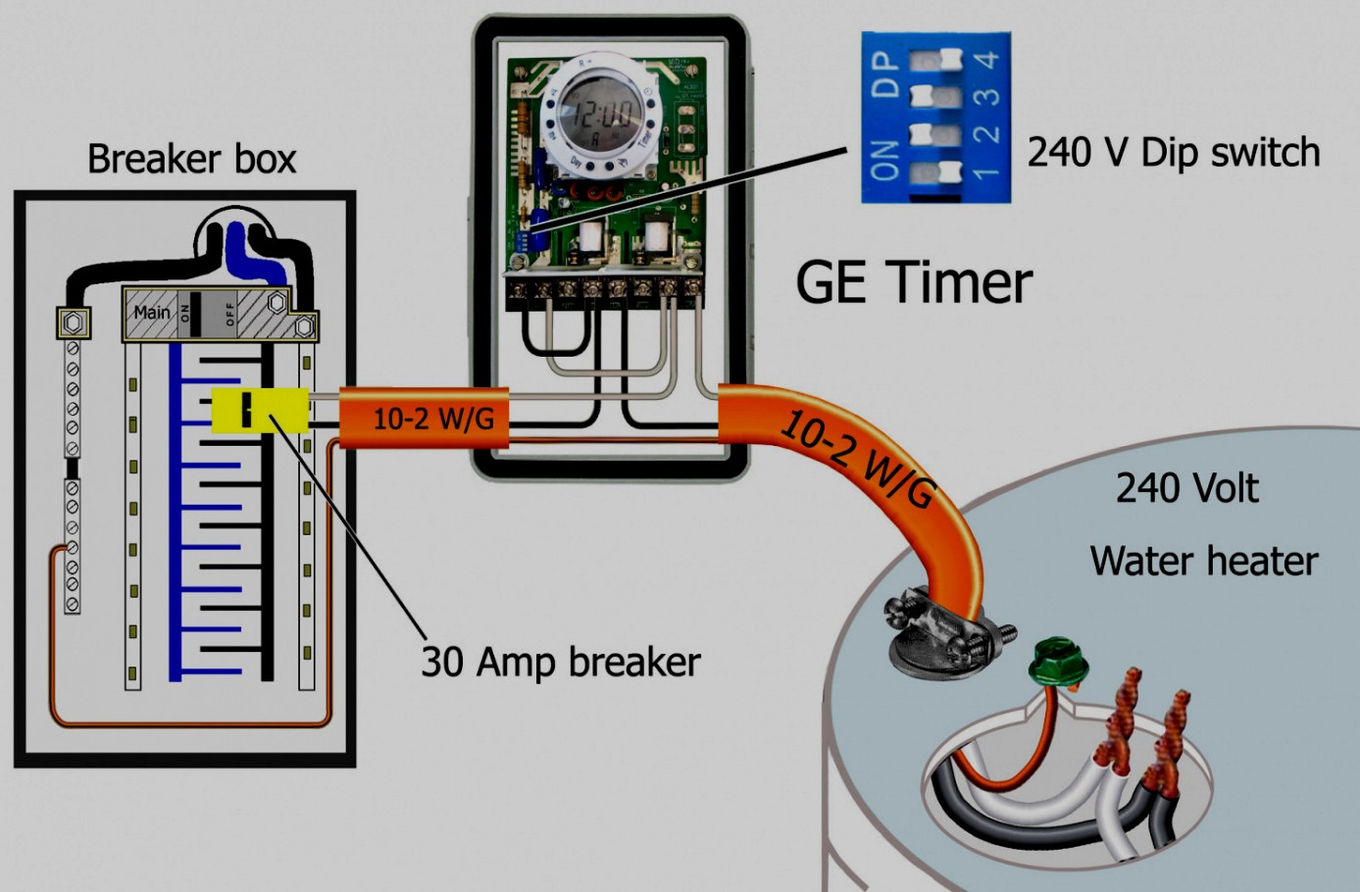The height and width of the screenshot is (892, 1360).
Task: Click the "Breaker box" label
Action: (191, 159)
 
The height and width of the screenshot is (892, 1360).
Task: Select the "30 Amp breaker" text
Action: (560, 663)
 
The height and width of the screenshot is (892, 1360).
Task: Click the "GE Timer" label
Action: (913, 282)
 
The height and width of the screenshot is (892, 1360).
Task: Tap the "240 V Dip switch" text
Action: (1173, 153)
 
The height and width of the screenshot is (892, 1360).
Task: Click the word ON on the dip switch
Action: (883, 161)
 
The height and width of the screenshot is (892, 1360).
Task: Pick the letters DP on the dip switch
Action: (884, 74)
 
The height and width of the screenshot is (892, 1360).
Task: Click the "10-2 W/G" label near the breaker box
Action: (432, 420)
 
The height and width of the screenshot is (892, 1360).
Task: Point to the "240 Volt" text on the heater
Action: (1186, 487)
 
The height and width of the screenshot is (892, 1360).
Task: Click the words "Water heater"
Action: (1203, 561)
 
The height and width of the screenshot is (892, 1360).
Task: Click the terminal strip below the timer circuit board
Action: (604, 289)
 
